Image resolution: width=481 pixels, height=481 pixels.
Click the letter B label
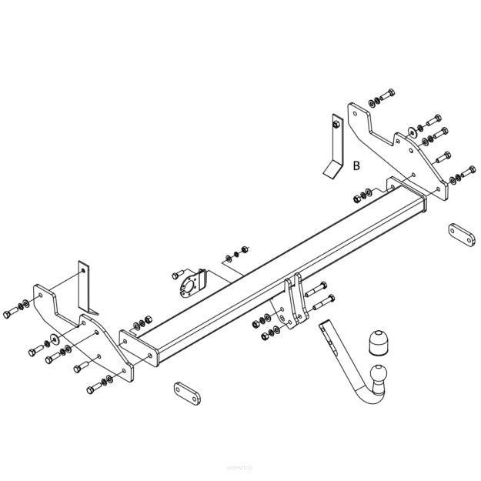pyautogui.click(x=356, y=165)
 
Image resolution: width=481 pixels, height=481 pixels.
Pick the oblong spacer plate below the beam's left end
pyautogui.click(x=186, y=393)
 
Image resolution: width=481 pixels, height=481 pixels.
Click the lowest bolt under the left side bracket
pyautogui.click(x=92, y=389)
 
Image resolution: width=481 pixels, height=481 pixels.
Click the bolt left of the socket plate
pyautogui.click(x=176, y=274)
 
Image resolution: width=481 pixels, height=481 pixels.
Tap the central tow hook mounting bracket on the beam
pyautogui.click(x=295, y=303)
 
